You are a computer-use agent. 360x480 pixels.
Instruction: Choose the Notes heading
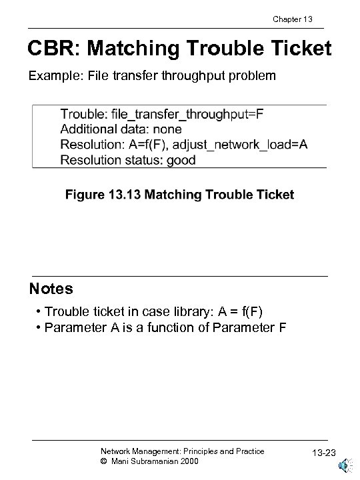pos(51,289)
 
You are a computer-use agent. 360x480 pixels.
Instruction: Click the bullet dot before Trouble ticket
pos(39,311)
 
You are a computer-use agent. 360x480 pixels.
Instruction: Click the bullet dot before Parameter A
pos(39,327)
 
